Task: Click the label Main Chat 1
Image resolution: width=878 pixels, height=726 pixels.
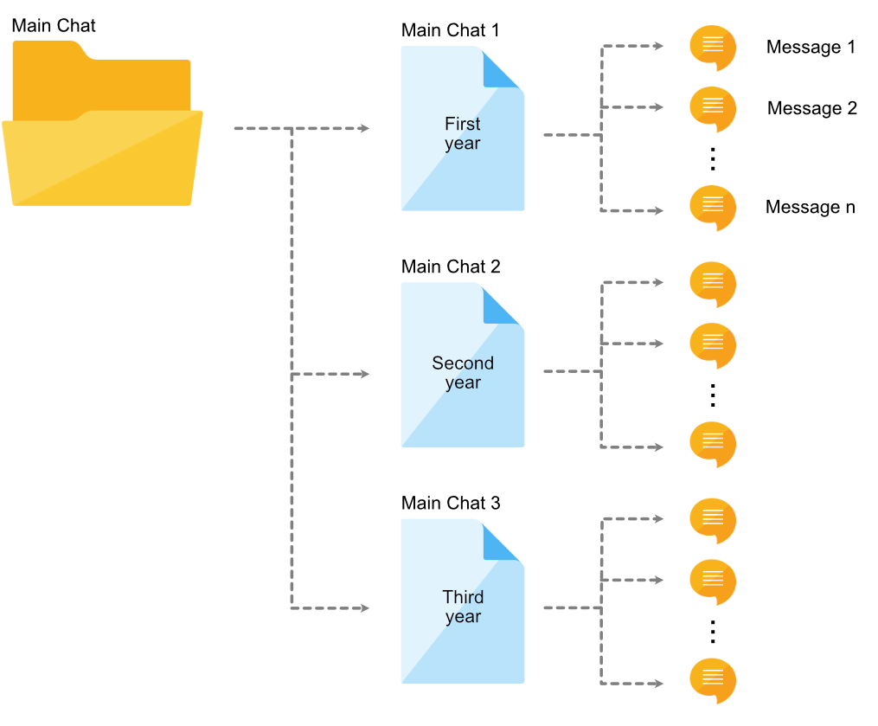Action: tap(450, 30)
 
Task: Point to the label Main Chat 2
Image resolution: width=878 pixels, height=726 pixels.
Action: tap(450, 267)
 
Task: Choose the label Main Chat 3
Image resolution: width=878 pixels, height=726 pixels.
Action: tap(450, 503)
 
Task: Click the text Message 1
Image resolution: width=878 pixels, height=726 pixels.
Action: tap(811, 47)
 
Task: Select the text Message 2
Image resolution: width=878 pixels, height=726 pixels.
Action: tap(811, 108)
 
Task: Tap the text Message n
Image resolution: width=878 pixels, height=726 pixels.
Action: tap(810, 208)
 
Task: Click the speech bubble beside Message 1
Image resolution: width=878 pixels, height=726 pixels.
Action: tap(712, 47)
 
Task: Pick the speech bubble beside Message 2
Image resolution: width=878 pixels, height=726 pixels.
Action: tap(712, 107)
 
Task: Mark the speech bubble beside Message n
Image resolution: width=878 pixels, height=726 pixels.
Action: tap(712, 208)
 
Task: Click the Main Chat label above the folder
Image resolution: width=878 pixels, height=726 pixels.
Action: tap(54, 25)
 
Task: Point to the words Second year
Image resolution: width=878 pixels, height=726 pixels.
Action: tap(463, 373)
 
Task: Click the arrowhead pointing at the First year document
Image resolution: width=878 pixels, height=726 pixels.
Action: tap(364, 129)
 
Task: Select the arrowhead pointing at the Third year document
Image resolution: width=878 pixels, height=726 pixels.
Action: tap(364, 608)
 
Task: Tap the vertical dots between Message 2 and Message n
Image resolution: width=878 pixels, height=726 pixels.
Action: tap(713, 159)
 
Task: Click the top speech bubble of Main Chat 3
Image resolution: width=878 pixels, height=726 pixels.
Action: tap(712, 519)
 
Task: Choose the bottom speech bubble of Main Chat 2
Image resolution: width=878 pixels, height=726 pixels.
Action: tap(712, 444)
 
